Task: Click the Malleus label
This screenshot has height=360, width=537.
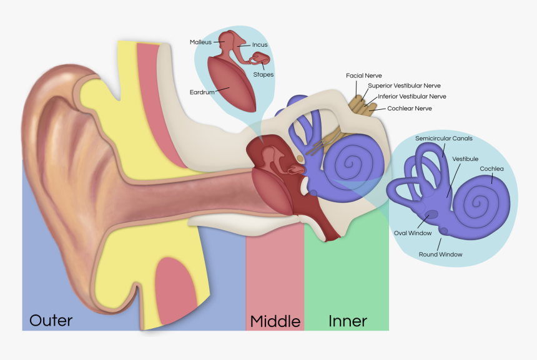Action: click(201, 42)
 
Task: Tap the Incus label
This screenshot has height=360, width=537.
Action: click(260, 45)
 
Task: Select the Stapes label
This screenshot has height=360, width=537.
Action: click(263, 75)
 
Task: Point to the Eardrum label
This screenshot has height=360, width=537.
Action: click(202, 92)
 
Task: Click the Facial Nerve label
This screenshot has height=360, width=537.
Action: click(364, 75)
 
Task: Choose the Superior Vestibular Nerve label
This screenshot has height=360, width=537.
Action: click(408, 85)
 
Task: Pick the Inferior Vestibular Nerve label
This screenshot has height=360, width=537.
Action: click(412, 97)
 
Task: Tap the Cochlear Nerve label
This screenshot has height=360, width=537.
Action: click(409, 109)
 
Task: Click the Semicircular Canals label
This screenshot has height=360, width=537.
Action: click(444, 138)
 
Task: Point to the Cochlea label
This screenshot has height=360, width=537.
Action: click(491, 169)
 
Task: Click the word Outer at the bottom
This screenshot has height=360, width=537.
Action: click(51, 321)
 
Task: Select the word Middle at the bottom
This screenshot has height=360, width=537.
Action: click(275, 321)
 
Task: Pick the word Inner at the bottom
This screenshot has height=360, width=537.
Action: click(348, 321)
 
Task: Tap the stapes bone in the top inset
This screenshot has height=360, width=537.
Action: click(260, 60)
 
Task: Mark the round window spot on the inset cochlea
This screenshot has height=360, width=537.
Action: click(444, 231)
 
